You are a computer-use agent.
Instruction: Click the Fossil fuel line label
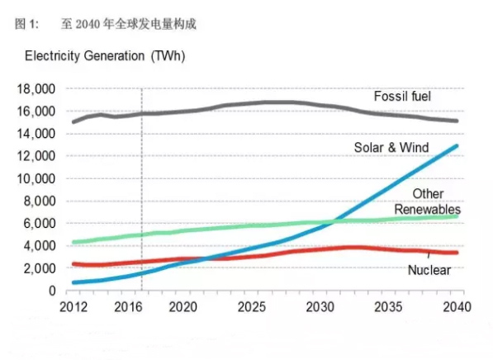point(402,97)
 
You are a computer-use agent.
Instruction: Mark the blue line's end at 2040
point(457,146)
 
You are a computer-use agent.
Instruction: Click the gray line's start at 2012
point(73,122)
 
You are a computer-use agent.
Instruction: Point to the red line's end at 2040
point(457,253)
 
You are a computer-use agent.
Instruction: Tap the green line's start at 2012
point(73,242)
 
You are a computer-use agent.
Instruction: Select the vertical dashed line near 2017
point(141,190)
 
